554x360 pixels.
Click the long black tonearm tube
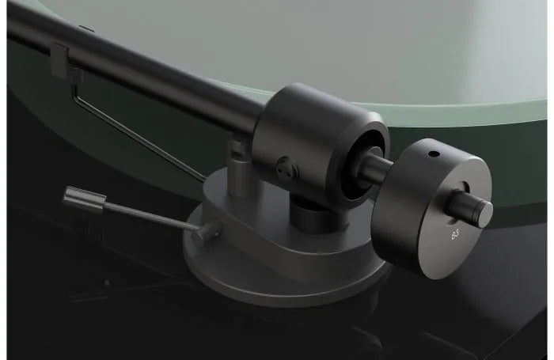(x=142, y=63)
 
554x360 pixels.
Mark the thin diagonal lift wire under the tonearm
(x=142, y=127)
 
